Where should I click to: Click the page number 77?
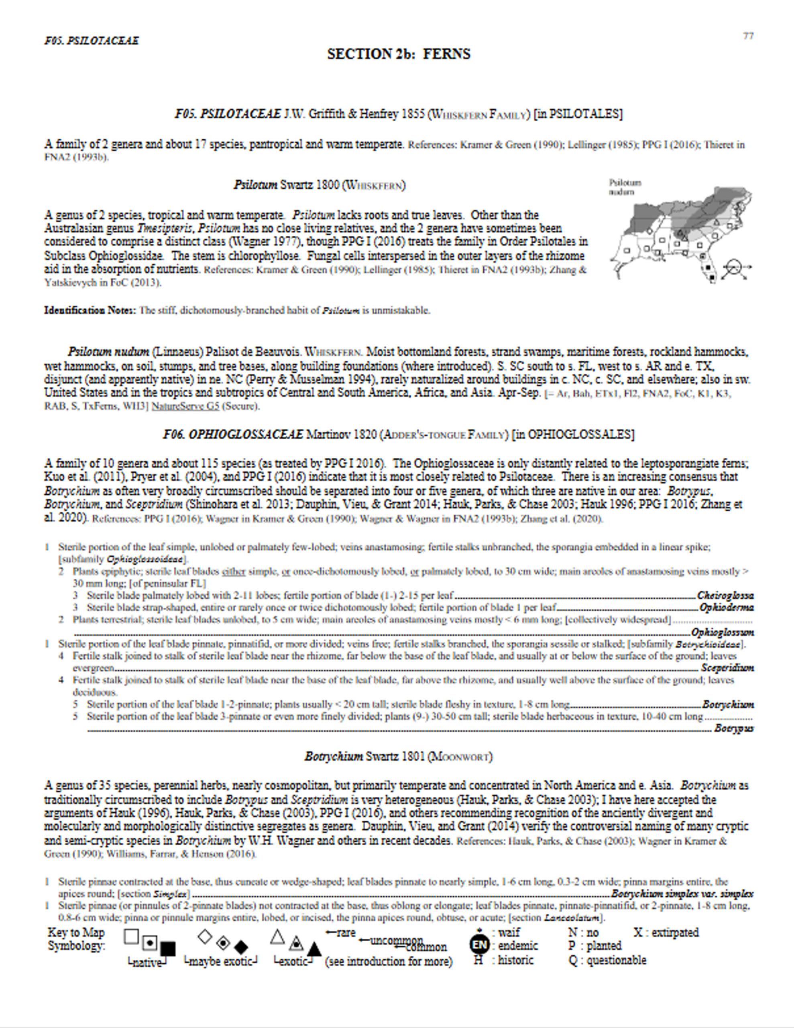tap(748, 36)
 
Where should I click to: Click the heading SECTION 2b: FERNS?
tap(399, 54)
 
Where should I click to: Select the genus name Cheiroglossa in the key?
tap(725, 596)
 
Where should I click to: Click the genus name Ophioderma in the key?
tap(726, 608)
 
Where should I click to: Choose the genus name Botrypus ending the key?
tap(734, 729)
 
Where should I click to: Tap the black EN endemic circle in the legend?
tap(479, 945)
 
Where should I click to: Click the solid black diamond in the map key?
tap(241, 947)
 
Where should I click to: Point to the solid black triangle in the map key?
tap(314, 949)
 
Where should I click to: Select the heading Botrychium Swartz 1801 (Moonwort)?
tap(398, 757)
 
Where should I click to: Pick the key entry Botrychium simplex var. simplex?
tap(682, 894)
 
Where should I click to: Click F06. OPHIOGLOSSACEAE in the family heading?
tap(233, 434)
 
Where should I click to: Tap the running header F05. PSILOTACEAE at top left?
tap(92, 41)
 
